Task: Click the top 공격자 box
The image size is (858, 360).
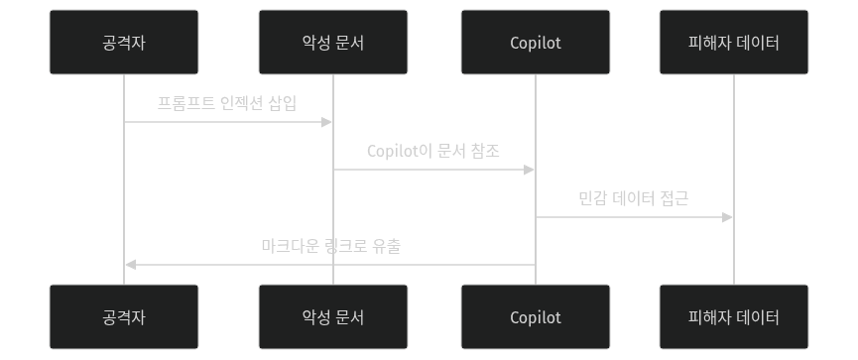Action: click(124, 43)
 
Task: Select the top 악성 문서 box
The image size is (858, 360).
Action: click(332, 43)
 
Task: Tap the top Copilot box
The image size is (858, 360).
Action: click(536, 43)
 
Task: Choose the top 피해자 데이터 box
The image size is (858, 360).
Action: click(734, 43)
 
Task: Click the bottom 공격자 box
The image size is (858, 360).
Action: click(124, 317)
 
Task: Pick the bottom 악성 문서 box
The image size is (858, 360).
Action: click(332, 317)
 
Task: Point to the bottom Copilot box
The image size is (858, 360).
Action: click(536, 317)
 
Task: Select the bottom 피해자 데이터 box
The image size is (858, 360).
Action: click(734, 317)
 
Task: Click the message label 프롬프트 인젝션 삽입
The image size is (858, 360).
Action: click(227, 103)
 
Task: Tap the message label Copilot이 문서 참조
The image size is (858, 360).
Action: click(433, 152)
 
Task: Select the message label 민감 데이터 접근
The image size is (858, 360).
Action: click(634, 198)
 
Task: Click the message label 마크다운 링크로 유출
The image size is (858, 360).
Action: click(330, 246)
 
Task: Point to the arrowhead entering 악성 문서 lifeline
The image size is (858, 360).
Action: click(326, 122)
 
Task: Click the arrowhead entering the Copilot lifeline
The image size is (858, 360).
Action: click(530, 170)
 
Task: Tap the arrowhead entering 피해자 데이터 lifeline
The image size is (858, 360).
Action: click(728, 217)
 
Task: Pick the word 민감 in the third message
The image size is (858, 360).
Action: click(593, 198)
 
